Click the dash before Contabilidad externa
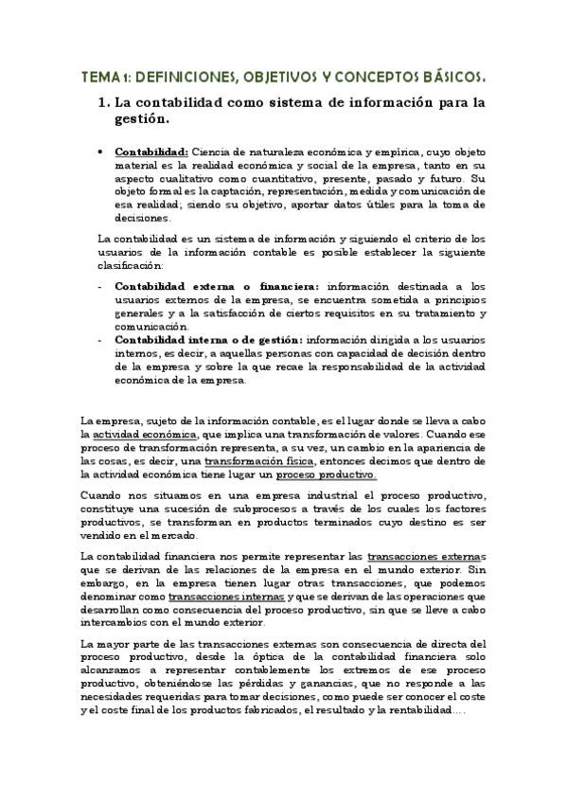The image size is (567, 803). coord(100,285)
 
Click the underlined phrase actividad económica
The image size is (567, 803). coord(141,434)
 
